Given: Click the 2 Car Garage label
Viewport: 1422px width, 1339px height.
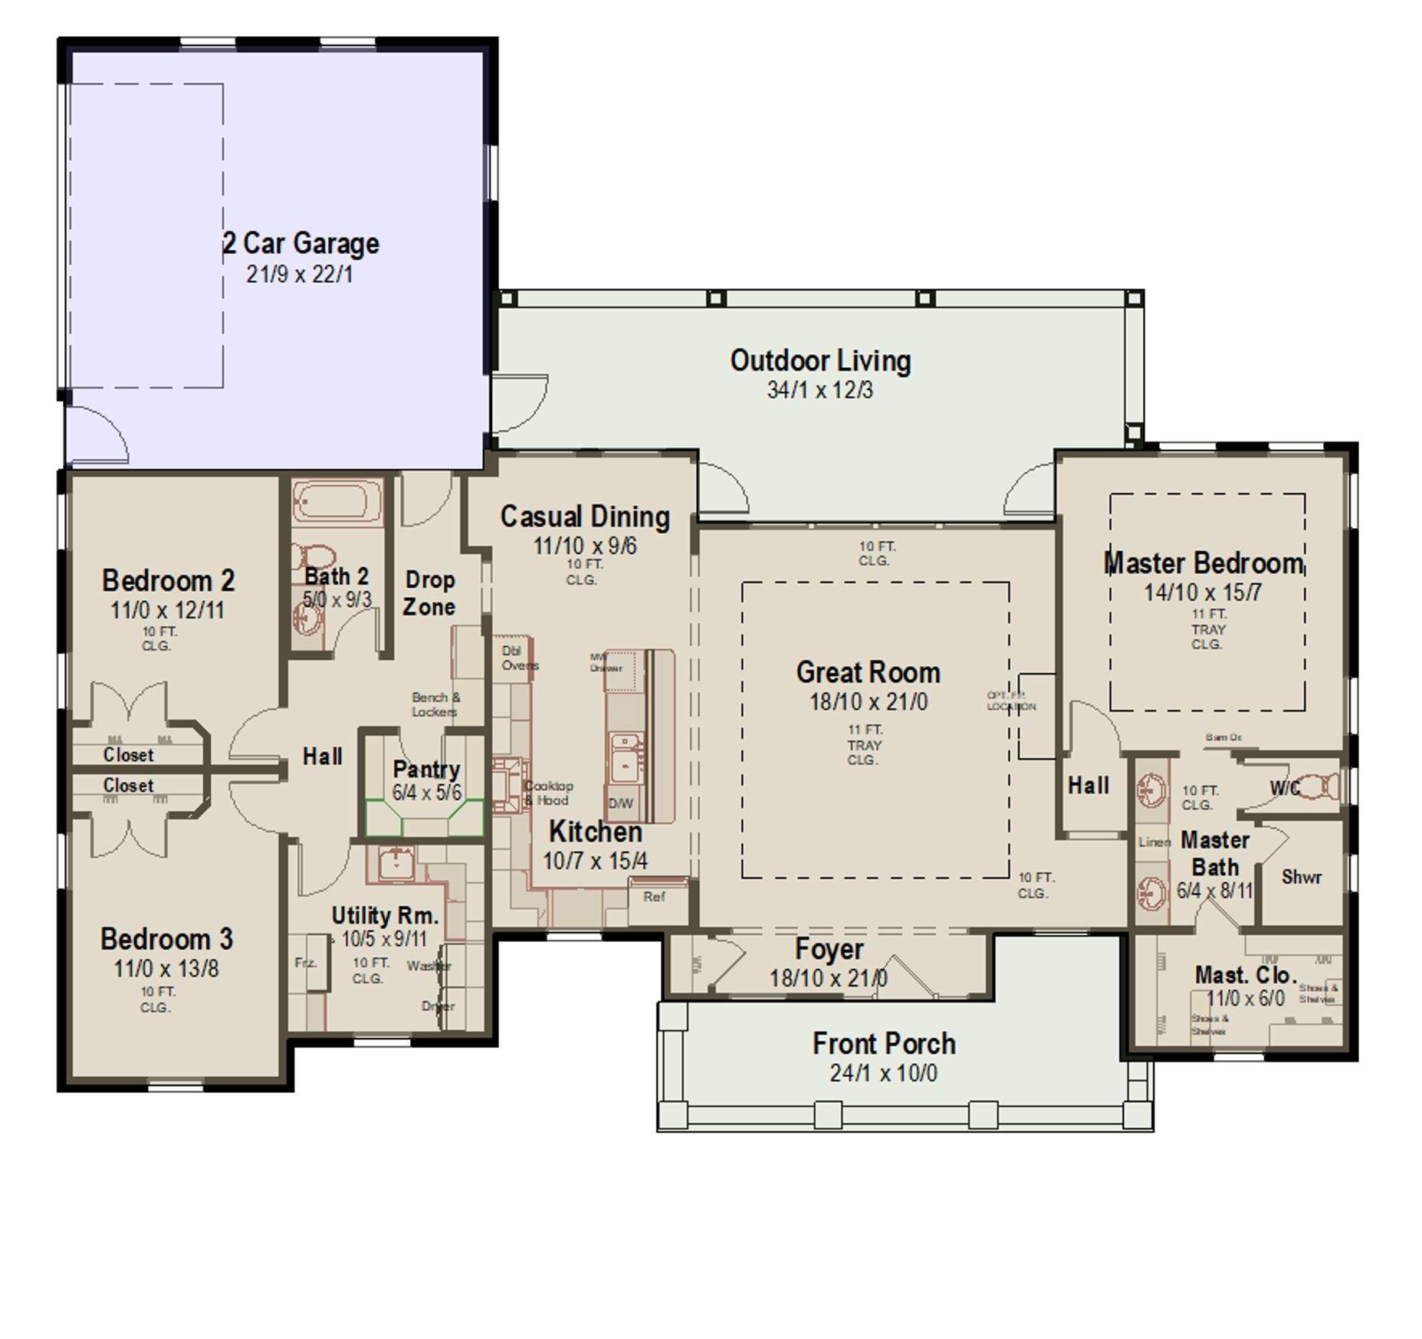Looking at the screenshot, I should [300, 244].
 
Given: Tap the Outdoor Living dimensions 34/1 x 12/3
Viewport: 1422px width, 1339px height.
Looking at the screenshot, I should [819, 390].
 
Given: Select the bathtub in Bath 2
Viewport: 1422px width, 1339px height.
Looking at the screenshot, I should [337, 502].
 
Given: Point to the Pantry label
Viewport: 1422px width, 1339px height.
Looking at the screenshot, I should [426, 769].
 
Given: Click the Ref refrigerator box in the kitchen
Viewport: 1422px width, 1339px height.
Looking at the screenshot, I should [656, 898].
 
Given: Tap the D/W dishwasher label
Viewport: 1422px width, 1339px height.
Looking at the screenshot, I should [621, 803].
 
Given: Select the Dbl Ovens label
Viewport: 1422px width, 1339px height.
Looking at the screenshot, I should [519, 658].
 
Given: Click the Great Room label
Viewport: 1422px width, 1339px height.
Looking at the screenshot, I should [868, 672].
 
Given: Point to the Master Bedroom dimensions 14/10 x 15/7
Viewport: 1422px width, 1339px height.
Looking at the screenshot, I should [1202, 592].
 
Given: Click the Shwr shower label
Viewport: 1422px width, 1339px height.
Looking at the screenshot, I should [1301, 877].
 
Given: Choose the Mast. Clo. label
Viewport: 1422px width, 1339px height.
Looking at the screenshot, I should [1245, 975].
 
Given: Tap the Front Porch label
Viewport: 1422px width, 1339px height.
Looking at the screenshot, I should [884, 1044].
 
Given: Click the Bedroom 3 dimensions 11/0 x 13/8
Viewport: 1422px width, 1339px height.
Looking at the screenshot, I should [166, 969].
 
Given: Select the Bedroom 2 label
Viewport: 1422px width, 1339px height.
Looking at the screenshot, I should [168, 581].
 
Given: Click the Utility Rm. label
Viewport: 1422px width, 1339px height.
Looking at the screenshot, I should [384, 915].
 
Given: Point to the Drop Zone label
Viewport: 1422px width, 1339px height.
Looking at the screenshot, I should [429, 593].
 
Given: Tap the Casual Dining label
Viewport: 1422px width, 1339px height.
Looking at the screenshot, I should [585, 517].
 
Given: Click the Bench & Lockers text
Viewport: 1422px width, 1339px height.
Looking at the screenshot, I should [435, 704].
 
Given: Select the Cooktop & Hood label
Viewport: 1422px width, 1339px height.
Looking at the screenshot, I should [549, 793].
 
